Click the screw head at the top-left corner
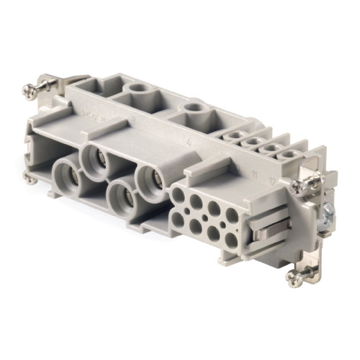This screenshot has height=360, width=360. click(30, 90)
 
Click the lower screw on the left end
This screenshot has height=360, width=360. click(29, 178)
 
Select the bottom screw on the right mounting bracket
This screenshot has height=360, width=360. click(296, 276)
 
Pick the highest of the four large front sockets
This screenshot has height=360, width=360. click(96, 156)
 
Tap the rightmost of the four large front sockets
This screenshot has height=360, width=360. click(150, 179)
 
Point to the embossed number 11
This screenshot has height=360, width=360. click(254, 173)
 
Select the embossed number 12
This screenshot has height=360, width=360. click(271, 180)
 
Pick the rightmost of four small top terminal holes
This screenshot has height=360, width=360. click(289, 154)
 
